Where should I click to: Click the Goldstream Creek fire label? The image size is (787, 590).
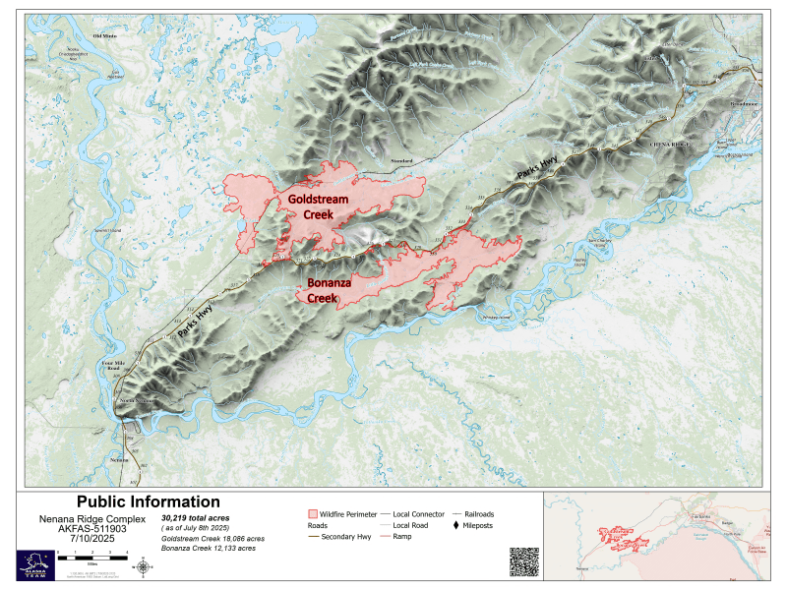[x=319, y=207]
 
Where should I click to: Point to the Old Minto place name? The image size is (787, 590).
[x=104, y=36]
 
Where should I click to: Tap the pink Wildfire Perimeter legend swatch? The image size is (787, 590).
[x=314, y=514]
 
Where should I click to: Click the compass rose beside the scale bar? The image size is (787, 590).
[x=145, y=565]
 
